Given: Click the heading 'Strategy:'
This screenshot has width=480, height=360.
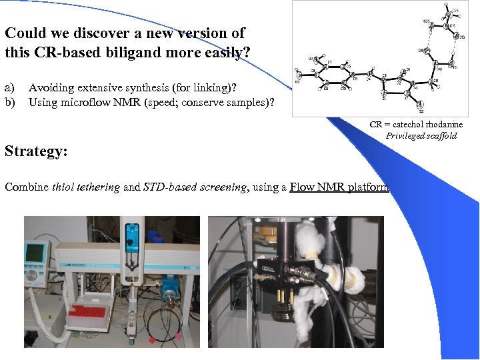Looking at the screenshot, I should (36, 151).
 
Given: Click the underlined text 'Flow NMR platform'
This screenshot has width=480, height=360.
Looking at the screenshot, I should (339, 187).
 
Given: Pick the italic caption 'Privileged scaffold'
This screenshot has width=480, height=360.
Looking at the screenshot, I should (421, 135).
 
